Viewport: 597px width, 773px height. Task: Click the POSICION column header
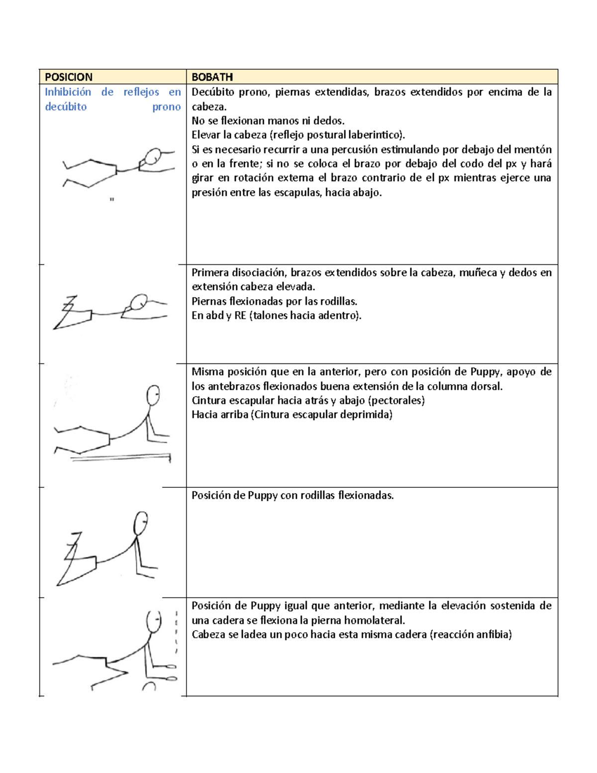click(x=69, y=77)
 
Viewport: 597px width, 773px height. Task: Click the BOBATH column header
click(x=212, y=77)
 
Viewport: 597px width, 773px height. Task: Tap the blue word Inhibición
click(x=68, y=92)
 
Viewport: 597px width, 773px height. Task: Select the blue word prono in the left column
click(x=166, y=107)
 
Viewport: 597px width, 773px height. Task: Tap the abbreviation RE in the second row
click(x=240, y=316)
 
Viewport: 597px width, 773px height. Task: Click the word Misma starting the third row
click(x=207, y=372)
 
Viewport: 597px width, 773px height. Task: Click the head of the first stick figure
click(x=153, y=156)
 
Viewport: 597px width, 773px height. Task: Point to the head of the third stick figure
click(x=153, y=395)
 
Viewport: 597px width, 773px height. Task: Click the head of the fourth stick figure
click(x=141, y=523)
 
